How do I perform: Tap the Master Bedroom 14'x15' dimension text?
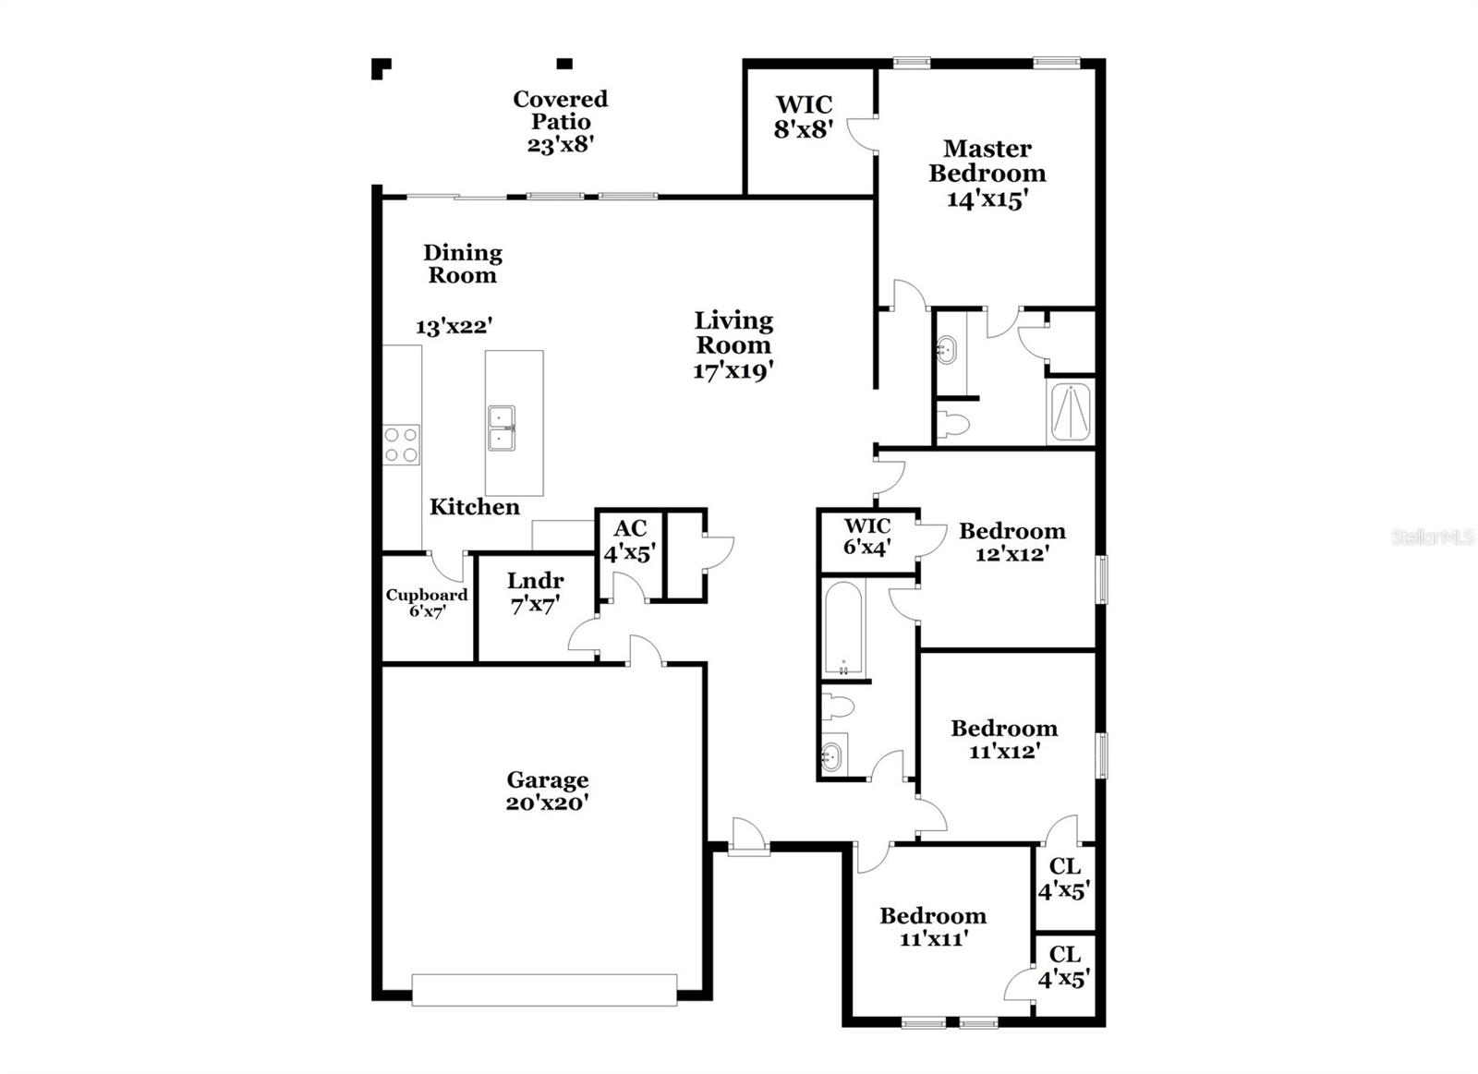987,199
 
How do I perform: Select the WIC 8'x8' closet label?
804,116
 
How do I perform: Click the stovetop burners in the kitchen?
402,444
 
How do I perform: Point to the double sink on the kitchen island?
502,428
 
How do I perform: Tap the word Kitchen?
475,507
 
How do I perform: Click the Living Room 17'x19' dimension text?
733,370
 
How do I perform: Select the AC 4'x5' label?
630,541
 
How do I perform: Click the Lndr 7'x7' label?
535,593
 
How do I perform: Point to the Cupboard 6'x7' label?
427,602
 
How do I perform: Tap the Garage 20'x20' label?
547,791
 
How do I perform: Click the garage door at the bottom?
544,989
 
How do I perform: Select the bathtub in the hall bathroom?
842,629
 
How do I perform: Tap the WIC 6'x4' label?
867,537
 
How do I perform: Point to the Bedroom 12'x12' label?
1012,542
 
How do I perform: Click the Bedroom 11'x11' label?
933,927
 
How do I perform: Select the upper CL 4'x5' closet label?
1064,878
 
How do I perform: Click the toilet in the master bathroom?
953,424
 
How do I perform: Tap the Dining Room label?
462,263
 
